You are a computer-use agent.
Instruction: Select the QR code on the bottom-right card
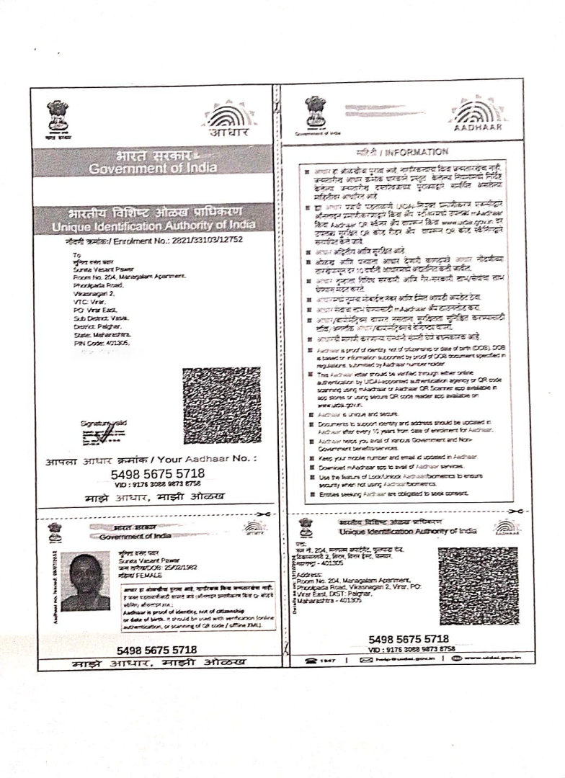[x=479, y=585]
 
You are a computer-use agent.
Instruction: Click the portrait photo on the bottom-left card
[x=86, y=581]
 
